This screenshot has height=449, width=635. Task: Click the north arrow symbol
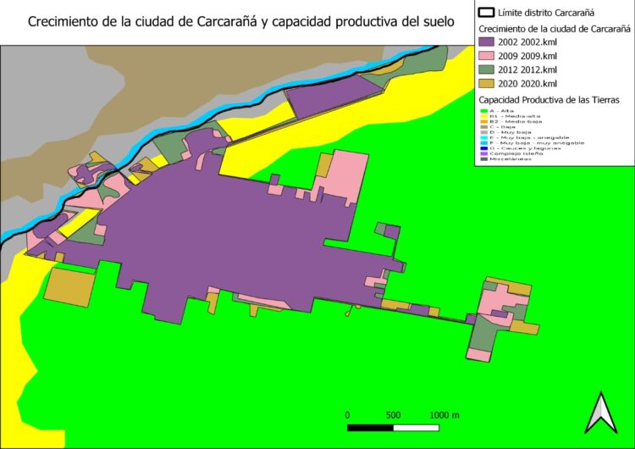[x=599, y=413]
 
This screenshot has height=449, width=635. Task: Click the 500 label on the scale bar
[x=393, y=415]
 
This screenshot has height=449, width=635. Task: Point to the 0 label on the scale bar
[x=347, y=415]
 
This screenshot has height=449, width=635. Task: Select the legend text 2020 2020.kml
[x=527, y=84]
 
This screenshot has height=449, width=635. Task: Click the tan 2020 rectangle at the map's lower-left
[x=69, y=286]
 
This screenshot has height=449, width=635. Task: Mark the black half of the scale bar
[x=370, y=426]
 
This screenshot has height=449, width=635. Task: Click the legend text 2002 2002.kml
[x=527, y=41]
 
